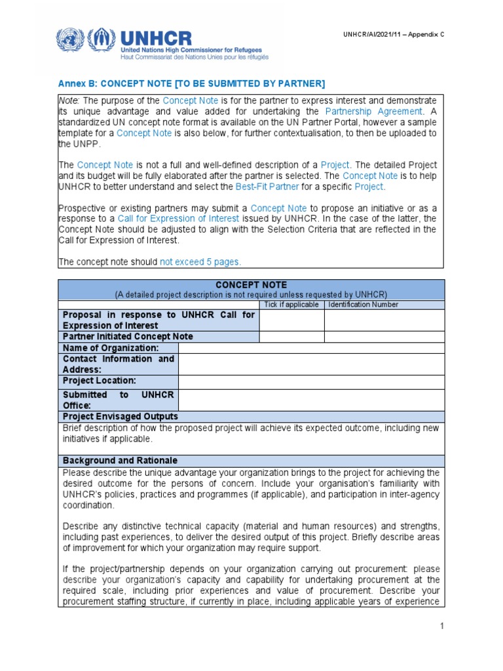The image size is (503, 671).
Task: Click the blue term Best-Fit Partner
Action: (268, 187)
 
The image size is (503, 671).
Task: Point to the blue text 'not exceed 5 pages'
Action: (200, 261)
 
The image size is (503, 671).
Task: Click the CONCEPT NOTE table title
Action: (251, 286)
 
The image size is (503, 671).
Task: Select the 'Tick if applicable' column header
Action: (291, 305)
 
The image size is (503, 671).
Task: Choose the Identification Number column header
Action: (363, 305)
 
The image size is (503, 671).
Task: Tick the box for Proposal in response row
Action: (291, 320)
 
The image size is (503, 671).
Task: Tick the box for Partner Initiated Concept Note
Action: (291, 337)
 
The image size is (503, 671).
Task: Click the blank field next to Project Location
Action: (311, 381)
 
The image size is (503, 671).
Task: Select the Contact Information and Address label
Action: (119, 364)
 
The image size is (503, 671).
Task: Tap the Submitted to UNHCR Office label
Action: (119, 400)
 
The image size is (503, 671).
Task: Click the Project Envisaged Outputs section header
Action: (121, 417)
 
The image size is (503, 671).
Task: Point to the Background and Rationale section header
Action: (120, 461)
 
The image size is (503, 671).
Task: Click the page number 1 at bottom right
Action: (442, 626)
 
